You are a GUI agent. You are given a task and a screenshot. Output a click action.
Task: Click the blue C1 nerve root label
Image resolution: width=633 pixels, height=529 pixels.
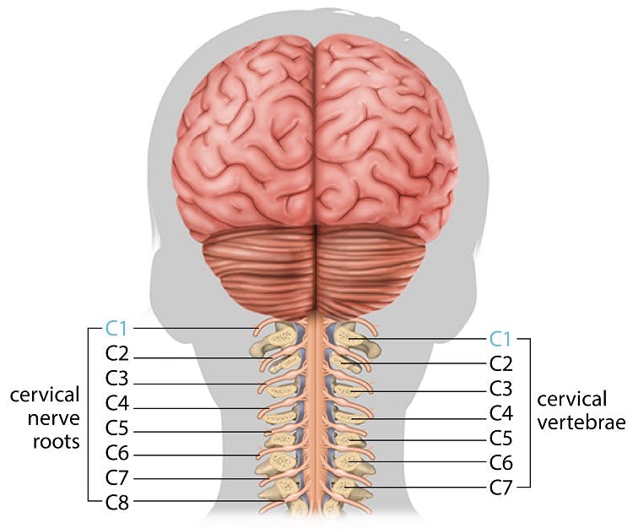click(116, 329)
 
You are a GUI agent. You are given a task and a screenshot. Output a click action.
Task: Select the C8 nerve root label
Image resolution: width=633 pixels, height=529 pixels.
click(117, 503)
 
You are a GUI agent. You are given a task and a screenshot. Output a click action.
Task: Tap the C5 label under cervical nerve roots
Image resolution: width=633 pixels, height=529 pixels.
click(117, 428)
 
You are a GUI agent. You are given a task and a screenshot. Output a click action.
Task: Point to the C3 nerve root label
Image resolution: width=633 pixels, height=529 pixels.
click(117, 379)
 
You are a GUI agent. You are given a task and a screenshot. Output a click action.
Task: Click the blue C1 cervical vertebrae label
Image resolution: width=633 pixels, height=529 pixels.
click(500, 339)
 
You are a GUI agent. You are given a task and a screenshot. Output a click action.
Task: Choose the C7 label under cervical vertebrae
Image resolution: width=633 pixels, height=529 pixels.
click(501, 488)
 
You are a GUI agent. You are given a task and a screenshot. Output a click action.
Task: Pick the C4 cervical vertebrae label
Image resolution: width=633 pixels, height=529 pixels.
click(501, 413)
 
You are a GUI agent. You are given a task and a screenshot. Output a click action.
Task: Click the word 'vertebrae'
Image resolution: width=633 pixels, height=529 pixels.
click(582, 423)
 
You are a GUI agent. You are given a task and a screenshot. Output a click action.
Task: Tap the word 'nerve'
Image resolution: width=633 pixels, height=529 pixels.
click(54, 418)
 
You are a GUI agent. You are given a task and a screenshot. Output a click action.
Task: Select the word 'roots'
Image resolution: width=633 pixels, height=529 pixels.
click(56, 442)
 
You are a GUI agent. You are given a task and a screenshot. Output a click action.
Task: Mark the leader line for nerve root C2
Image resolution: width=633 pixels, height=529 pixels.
click(203, 358)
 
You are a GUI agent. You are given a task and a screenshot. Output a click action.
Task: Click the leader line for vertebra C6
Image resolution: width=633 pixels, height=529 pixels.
click(419, 462)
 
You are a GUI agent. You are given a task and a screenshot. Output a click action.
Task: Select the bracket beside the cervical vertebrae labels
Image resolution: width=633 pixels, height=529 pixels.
click(529, 413)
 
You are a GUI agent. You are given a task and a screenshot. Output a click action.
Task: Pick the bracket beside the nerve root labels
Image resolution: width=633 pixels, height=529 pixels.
click(89, 415)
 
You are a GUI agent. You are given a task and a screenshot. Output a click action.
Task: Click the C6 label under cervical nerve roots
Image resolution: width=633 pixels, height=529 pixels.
click(117, 454)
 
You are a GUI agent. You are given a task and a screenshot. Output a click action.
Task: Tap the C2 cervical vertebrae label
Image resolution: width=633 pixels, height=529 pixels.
click(501, 363)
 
